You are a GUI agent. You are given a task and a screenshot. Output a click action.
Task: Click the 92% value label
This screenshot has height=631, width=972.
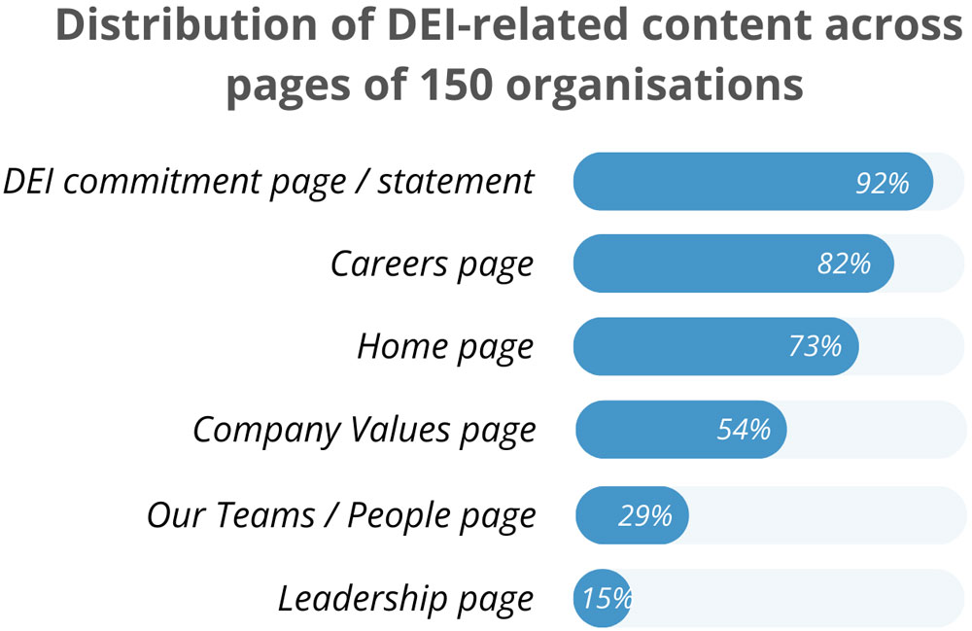pos(882,182)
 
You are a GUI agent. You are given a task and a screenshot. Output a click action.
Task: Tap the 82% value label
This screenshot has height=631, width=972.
pos(844,263)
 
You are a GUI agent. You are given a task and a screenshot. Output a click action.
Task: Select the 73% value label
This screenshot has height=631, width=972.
pos(815,346)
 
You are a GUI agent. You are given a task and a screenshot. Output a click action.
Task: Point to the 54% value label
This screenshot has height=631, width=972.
pos(744,429)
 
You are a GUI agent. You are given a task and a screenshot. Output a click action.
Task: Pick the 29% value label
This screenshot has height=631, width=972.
pos(644,515)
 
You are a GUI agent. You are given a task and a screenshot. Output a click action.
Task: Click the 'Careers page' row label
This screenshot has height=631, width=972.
pos(432,264)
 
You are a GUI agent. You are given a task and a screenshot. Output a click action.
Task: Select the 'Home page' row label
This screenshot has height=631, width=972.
pos(445,346)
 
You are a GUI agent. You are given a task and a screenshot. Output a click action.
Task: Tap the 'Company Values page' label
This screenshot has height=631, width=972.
pos(364,430)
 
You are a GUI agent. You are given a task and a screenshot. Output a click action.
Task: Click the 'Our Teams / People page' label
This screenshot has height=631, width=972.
pos(340,515)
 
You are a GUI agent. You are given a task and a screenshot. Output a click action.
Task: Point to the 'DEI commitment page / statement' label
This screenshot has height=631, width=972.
pos(268,182)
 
